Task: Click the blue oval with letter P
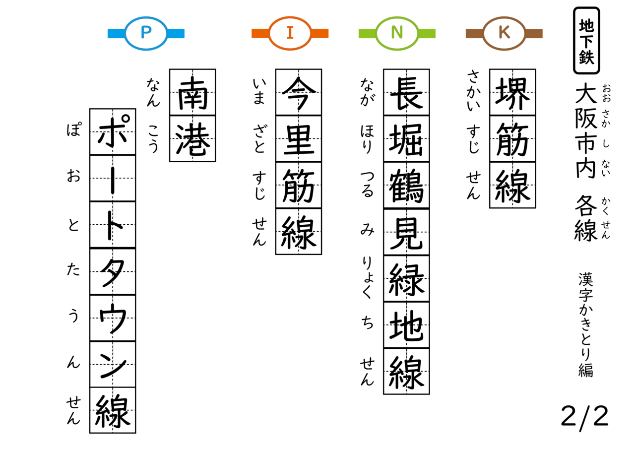coord(146,33)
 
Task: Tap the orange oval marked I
coord(290,33)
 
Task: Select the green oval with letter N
coord(397,33)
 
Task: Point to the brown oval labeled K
coord(504,33)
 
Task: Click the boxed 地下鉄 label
coord(586,41)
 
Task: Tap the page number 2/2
coord(584,416)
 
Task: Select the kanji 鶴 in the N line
coord(406,185)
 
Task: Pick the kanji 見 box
coord(406,232)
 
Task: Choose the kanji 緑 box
coord(406,278)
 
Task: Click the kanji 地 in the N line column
coord(406,324)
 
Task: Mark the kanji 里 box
coord(299,138)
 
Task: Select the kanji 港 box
coord(192,138)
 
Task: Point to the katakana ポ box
coord(113,131)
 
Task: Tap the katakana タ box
coord(113,271)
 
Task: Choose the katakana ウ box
coord(113,318)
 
